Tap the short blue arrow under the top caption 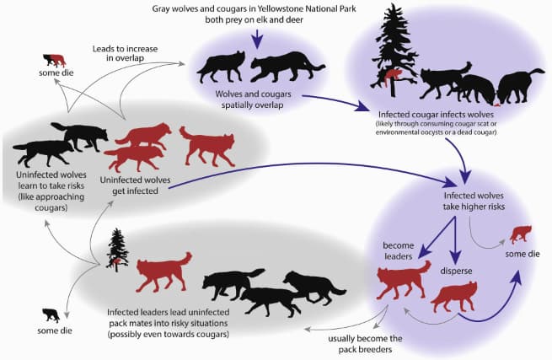pyautogui.click(x=257, y=39)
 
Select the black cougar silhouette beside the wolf pyautogui.click(x=287, y=67)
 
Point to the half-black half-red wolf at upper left pyautogui.click(x=54, y=60)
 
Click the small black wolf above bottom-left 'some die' pyautogui.click(x=51, y=315)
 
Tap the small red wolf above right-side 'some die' pyautogui.click(x=521, y=234)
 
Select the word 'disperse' pyautogui.click(x=456, y=271)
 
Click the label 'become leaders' pyautogui.click(x=398, y=250)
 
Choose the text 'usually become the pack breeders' pyautogui.click(x=365, y=344)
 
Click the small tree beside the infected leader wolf pyautogui.click(x=117, y=250)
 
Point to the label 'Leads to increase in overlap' pyautogui.click(x=125, y=53)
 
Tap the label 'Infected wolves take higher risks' pyautogui.click(x=474, y=201)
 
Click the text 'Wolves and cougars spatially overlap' pyautogui.click(x=253, y=99)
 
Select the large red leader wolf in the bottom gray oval pyautogui.click(x=163, y=271)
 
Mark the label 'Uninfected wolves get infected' pyautogui.click(x=135, y=185)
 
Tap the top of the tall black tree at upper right pyautogui.click(x=392, y=4)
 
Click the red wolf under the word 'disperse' pyautogui.click(x=454, y=297)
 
